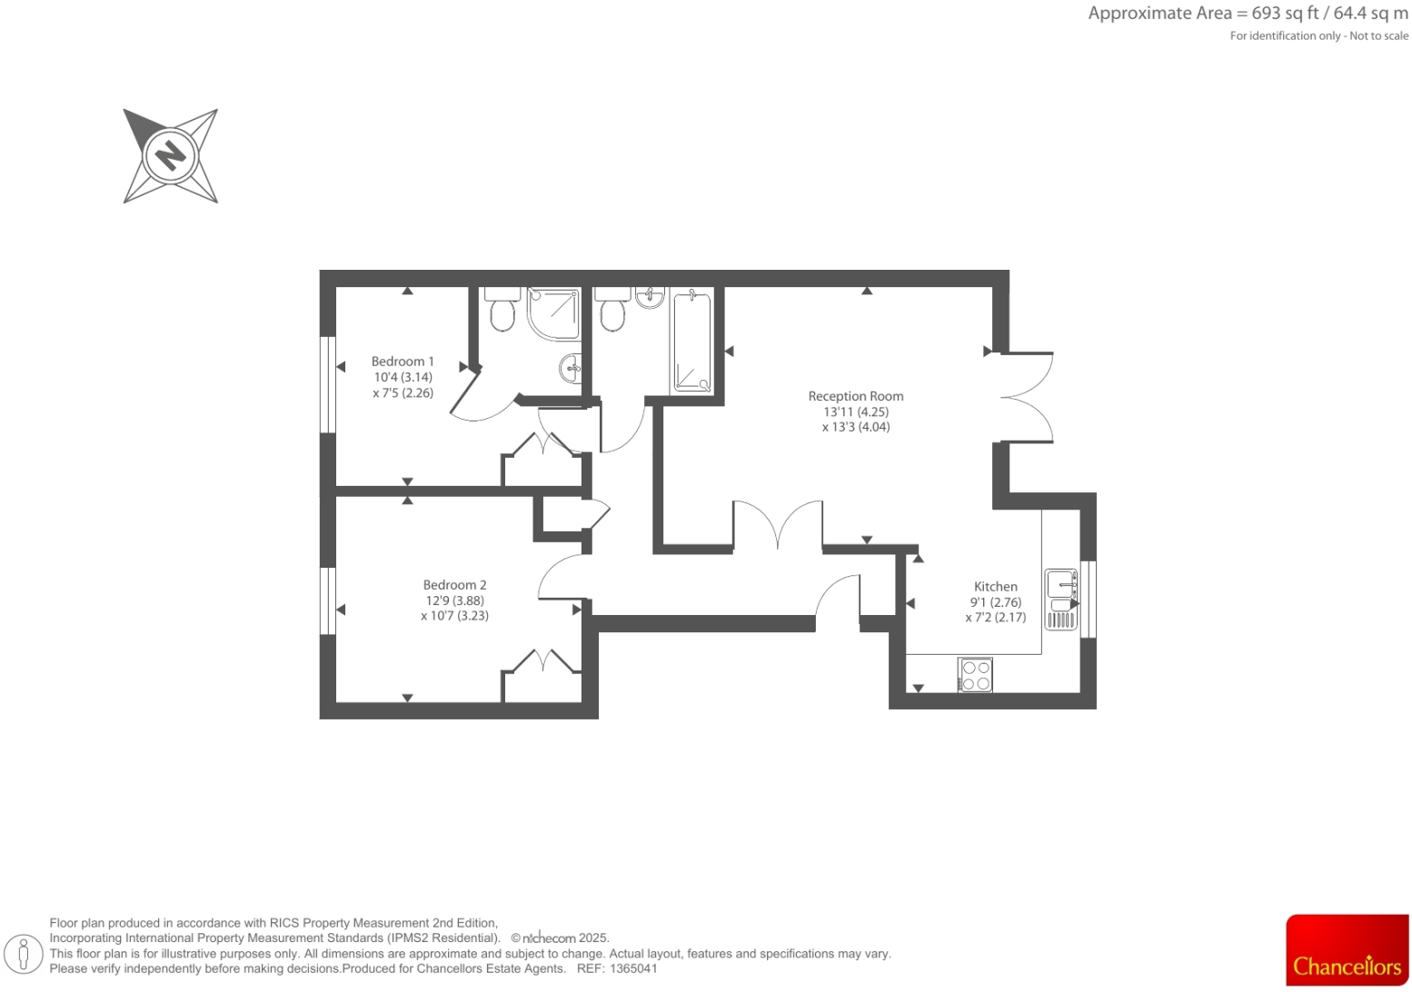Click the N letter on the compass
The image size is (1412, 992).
click(170, 155)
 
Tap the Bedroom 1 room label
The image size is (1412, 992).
click(403, 362)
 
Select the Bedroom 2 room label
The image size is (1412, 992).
click(454, 585)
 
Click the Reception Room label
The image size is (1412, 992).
click(855, 396)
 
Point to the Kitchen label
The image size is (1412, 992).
click(995, 587)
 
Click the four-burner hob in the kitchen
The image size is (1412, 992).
click(975, 676)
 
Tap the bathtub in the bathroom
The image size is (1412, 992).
click(692, 341)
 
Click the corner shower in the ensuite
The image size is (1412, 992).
click(554, 312)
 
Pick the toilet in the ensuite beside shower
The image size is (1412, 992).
click(502, 309)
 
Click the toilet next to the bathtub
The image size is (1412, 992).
click(612, 310)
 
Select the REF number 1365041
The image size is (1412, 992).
click(634, 968)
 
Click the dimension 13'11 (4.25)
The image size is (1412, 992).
click(855, 412)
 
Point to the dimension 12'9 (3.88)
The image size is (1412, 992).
click(454, 600)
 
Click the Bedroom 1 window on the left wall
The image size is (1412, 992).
click(328, 384)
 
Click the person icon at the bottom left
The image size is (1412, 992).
click(25, 954)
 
